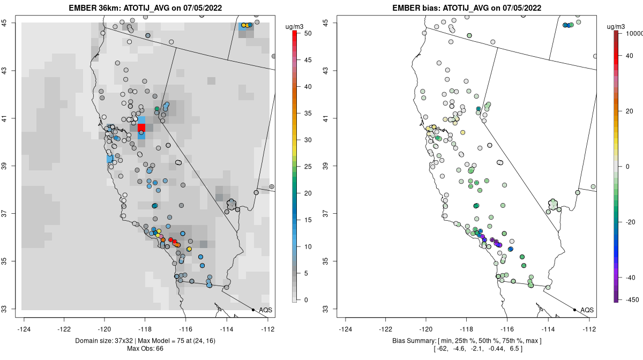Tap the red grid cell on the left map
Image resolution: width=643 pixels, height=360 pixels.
pyautogui.click(x=141, y=127)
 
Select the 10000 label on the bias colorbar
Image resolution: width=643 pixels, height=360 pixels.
pyautogui.click(x=633, y=33)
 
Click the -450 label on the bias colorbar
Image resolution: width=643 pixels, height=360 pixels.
pyautogui.click(x=631, y=299)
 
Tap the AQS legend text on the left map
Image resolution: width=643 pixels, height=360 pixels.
pyautogui.click(x=266, y=310)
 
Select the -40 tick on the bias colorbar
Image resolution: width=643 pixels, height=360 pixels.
pyautogui.click(x=630, y=277)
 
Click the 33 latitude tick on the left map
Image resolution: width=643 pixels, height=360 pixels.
pyautogui.click(x=10, y=309)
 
